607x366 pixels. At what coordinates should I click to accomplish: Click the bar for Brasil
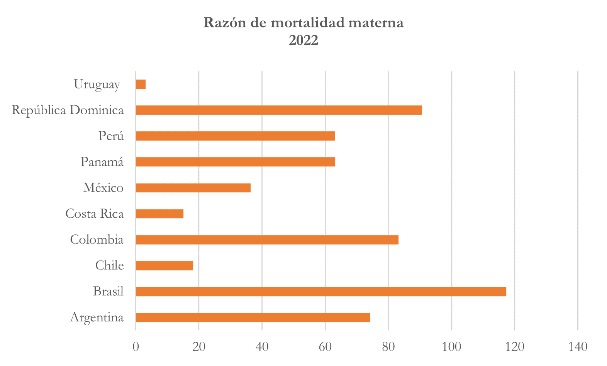click(x=321, y=291)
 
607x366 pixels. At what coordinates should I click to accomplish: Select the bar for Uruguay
click(x=141, y=84)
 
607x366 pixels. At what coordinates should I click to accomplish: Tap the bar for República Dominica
click(x=279, y=110)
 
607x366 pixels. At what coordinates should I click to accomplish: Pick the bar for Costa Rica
click(x=160, y=213)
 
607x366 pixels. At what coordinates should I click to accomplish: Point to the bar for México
click(x=193, y=188)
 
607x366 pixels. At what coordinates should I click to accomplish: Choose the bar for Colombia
click(x=267, y=240)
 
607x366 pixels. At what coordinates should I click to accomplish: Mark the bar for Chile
click(x=164, y=266)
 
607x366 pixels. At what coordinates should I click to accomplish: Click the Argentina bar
click(x=253, y=317)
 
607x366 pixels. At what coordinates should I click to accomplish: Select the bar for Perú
click(x=235, y=136)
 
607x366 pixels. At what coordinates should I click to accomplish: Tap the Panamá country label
click(x=102, y=162)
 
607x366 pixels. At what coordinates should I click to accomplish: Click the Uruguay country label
click(x=97, y=84)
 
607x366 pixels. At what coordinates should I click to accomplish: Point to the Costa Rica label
click(x=95, y=213)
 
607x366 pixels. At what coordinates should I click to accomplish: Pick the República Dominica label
click(x=68, y=110)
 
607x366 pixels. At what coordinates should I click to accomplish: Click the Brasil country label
click(x=109, y=291)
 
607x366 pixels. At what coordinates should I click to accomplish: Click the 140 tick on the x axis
click(x=578, y=346)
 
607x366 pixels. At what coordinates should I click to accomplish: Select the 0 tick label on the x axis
click(x=136, y=346)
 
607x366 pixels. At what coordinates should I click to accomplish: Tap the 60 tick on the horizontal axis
click(x=325, y=346)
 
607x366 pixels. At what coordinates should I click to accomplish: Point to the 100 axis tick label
click(x=451, y=346)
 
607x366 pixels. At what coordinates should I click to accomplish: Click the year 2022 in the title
click(x=303, y=40)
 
